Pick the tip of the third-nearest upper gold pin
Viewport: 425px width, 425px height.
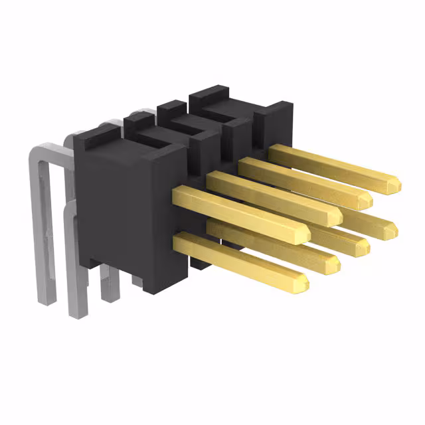[x=367, y=199]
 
